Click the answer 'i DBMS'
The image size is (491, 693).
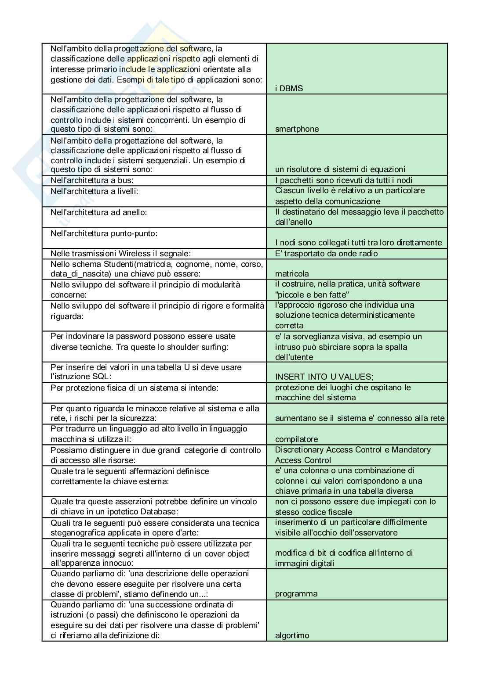[x=289, y=88]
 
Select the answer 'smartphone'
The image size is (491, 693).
[x=297, y=129]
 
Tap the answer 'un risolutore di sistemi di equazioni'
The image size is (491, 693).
[x=340, y=169]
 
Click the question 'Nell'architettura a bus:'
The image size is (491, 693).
[x=92, y=180]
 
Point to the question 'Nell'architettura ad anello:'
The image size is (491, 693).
[x=98, y=212]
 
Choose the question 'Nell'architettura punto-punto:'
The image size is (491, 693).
[x=104, y=233]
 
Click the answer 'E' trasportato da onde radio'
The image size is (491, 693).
[x=326, y=254]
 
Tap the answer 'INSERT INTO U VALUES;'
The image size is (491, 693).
[x=324, y=377]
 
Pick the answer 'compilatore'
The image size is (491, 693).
[x=296, y=439]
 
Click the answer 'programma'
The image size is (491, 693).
[x=296, y=594]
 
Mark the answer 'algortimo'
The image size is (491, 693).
[x=292, y=636]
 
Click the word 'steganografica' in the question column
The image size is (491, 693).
[x=76, y=533]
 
